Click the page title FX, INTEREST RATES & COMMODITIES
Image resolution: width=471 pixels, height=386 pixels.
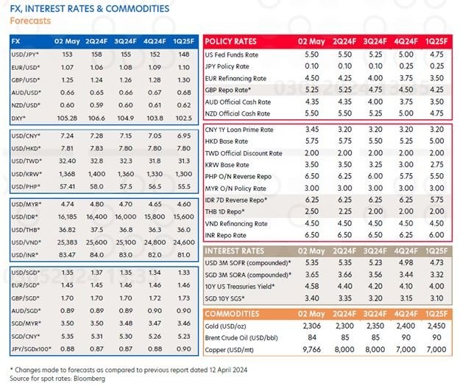coord(89,8)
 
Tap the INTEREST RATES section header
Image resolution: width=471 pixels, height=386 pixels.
coord(234,250)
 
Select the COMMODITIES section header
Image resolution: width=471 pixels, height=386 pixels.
coord(233,312)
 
